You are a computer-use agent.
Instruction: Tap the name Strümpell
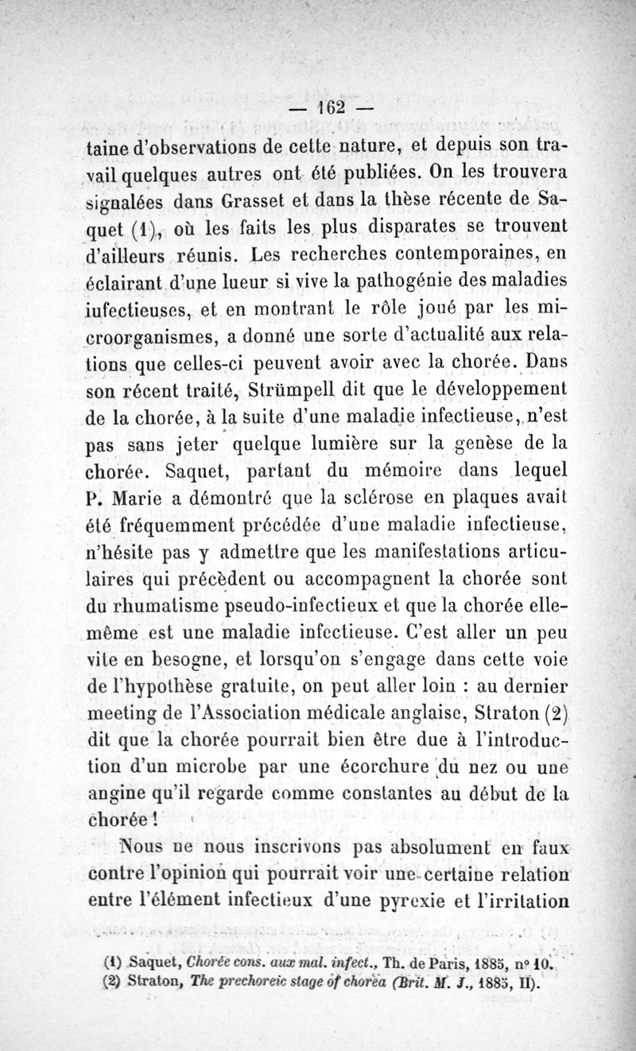point(289,390)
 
